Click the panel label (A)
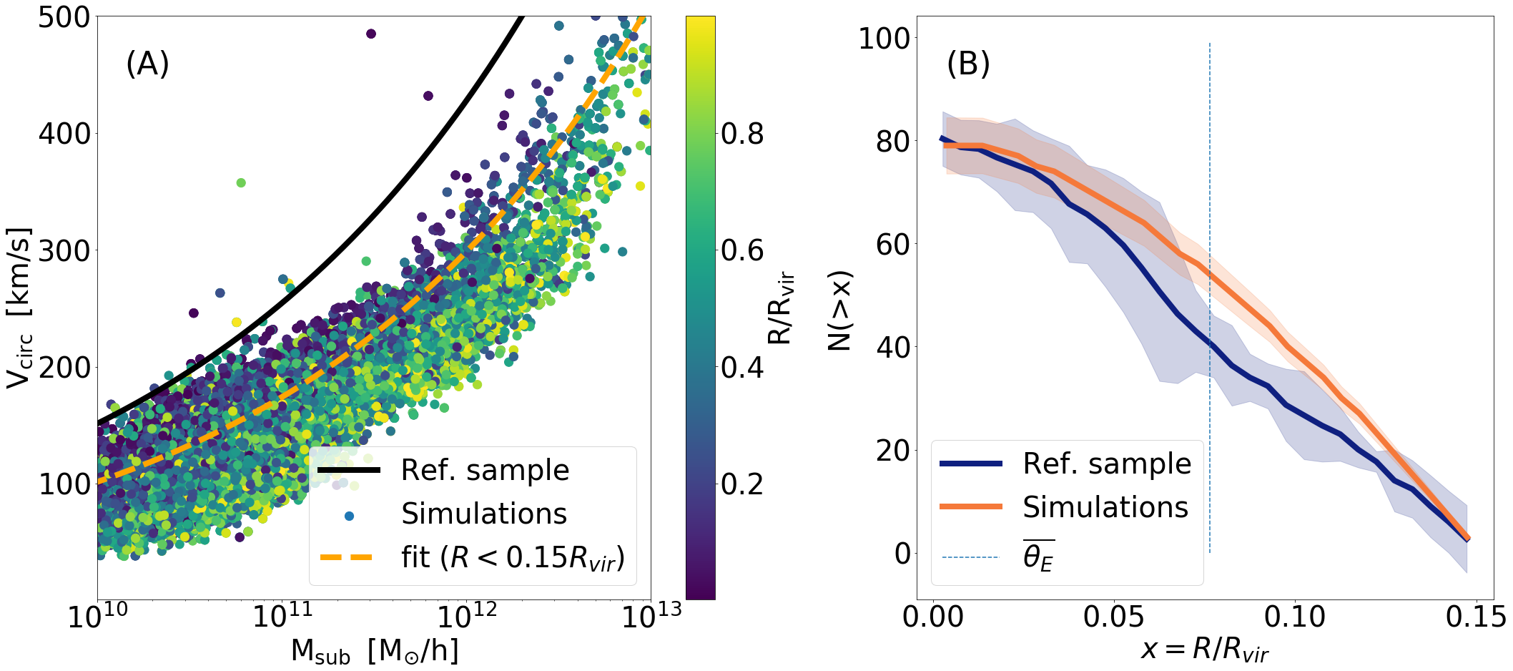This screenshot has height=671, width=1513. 147,64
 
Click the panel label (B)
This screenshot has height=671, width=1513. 968,64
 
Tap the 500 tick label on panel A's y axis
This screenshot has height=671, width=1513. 64,17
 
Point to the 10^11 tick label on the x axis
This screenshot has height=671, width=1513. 283,615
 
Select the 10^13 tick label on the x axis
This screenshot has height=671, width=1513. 651,615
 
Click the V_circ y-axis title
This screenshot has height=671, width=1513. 20,308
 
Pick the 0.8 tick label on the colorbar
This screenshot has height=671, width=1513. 742,134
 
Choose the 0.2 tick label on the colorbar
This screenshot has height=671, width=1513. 742,484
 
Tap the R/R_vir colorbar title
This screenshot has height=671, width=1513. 781,308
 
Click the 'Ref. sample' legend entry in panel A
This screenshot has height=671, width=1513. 485,470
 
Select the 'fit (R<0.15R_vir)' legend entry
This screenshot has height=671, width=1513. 513,557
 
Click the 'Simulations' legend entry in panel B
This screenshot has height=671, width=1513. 1105,506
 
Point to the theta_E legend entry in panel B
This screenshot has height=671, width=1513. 1038,557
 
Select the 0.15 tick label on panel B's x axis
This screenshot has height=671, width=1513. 1475,616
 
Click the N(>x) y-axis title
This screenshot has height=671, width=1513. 840,311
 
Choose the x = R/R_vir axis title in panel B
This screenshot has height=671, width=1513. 1204,650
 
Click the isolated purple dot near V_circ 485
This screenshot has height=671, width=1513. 370,34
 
